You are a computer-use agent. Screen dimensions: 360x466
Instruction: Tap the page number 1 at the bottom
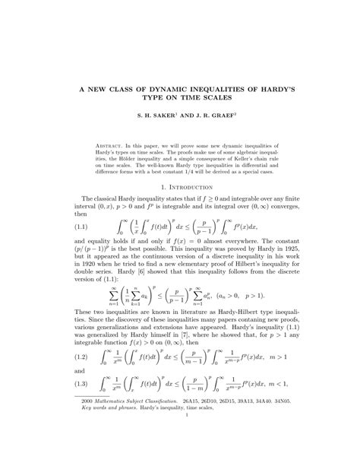click(x=179, y=436)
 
